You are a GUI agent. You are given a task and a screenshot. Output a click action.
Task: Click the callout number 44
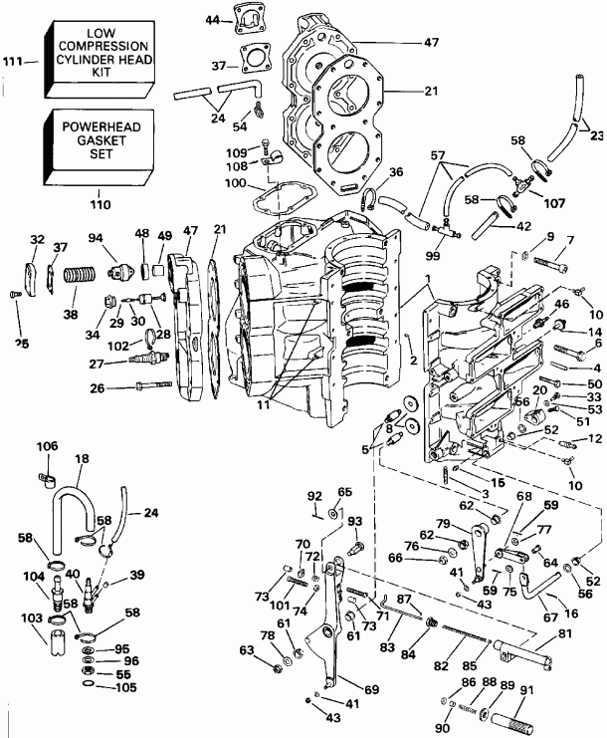click(x=213, y=20)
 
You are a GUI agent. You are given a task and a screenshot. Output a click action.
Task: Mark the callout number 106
click(x=48, y=444)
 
